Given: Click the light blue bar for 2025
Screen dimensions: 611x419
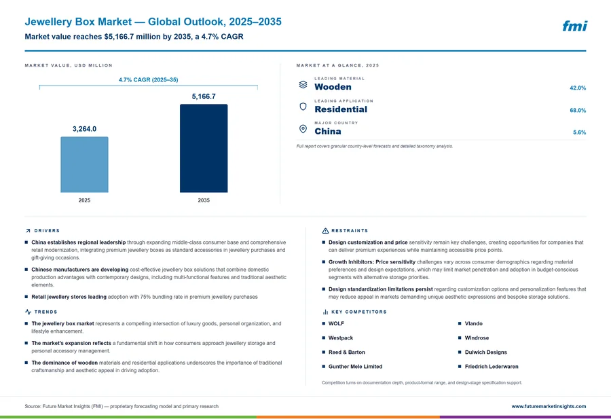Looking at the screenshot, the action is coord(84,164).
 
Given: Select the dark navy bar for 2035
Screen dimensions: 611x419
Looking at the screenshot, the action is coord(204,148).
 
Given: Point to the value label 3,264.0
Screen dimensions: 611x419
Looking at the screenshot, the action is coord(84,129).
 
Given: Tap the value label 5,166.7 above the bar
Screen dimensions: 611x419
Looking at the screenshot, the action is coord(204,96).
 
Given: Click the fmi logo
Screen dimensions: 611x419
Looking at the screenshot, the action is coord(574,26).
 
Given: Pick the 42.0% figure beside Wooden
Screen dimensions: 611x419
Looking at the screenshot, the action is coord(578,88).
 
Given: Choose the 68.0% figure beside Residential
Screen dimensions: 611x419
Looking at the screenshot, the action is coord(578,110).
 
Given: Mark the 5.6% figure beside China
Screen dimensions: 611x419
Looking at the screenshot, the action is coord(579,132).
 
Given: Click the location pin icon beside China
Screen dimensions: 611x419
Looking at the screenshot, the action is coord(303,129).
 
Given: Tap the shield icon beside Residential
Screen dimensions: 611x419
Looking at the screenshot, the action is coord(303,107).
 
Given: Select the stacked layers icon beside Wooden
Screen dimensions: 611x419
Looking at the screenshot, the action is coord(303,85).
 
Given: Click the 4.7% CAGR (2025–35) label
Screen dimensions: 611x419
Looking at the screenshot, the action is coord(149,80).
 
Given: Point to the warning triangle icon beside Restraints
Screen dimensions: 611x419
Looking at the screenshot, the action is coord(325,231).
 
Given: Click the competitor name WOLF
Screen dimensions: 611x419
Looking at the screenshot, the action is coord(336,323).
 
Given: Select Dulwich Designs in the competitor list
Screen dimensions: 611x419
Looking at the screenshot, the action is coord(485,352).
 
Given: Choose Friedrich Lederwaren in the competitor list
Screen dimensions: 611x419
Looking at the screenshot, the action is coord(492,367).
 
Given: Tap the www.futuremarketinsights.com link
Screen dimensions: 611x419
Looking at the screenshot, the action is coord(549,407).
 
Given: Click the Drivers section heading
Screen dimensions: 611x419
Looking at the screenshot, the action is coord(47,231).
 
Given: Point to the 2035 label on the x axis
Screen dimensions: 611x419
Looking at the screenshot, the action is coord(204,200).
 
